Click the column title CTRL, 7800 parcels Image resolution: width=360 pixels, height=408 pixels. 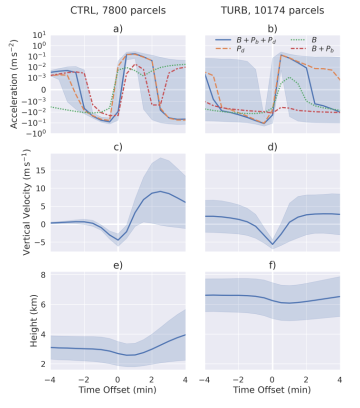[x=118, y=10]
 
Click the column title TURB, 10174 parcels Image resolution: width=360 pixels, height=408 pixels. [x=272, y=10]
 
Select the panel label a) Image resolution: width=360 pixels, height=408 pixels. [x=118, y=28]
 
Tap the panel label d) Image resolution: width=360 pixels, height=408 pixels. [x=272, y=147]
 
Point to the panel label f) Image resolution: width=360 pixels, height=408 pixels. [x=272, y=265]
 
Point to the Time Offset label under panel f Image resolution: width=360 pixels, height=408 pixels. [x=272, y=389]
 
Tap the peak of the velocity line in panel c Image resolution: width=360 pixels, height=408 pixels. [x=159, y=191]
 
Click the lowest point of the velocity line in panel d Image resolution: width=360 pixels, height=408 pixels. [x=272, y=244]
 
